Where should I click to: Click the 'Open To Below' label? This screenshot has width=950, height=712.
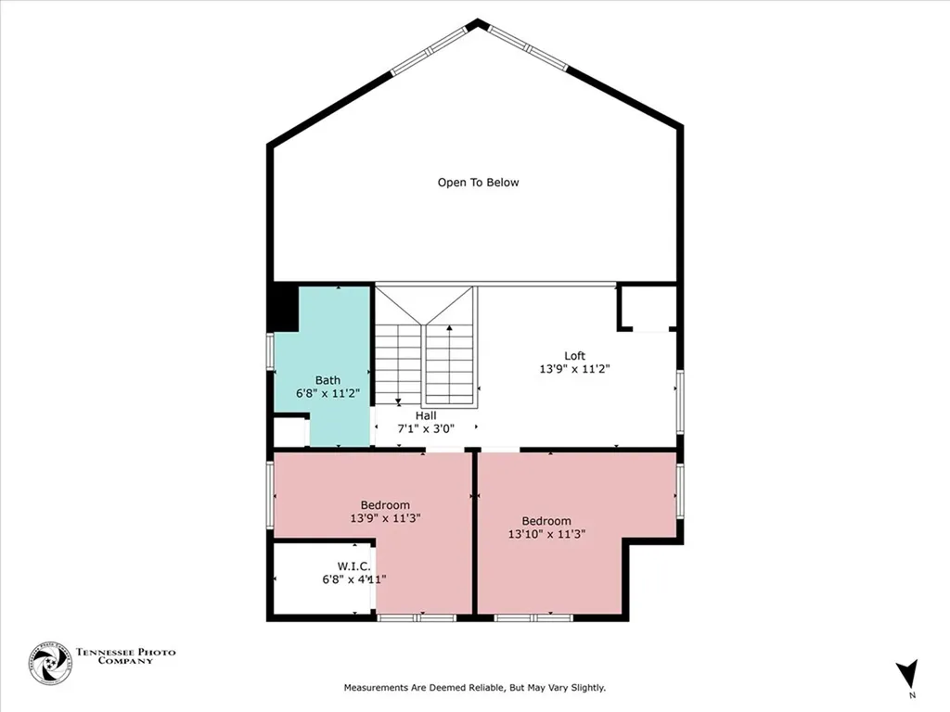click(x=478, y=183)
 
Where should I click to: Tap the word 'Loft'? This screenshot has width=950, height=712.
click(x=575, y=356)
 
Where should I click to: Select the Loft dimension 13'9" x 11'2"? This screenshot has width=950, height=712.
click(x=575, y=369)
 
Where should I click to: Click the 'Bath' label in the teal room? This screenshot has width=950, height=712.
click(x=327, y=380)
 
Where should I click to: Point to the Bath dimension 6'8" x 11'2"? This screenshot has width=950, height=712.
click(x=327, y=393)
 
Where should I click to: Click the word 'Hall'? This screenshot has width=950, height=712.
click(x=426, y=416)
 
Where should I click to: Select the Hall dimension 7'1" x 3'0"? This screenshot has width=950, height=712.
click(x=426, y=429)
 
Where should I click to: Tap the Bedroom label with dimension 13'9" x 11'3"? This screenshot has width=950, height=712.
click(x=386, y=505)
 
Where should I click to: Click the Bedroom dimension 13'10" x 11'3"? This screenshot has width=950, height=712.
click(x=546, y=534)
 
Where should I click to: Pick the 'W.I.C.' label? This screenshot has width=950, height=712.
click(x=353, y=566)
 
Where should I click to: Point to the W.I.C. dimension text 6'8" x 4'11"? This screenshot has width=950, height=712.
click(x=353, y=579)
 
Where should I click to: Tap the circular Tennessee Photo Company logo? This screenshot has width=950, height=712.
click(x=50, y=664)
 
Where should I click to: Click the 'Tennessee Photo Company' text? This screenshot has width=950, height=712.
click(x=125, y=657)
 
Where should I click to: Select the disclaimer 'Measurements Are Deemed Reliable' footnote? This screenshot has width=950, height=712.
click(x=475, y=688)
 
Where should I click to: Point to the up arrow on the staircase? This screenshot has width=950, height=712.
click(x=450, y=328)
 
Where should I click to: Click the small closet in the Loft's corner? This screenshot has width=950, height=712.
click(x=648, y=308)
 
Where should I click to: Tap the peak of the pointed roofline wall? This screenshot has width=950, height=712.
click(x=477, y=22)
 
